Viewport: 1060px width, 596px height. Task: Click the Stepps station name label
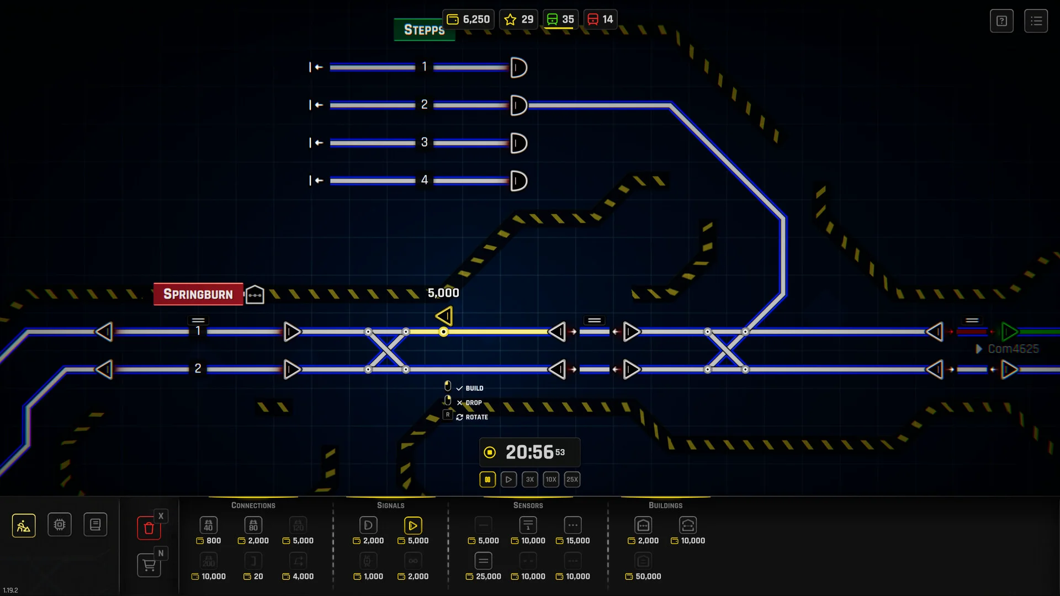coord(423,30)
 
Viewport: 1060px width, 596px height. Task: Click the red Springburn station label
coord(198,294)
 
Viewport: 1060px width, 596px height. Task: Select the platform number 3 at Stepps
coord(424,142)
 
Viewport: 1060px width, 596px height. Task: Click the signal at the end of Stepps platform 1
coord(518,67)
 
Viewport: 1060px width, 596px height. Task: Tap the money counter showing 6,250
coord(468,19)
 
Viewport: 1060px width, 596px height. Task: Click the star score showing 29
coord(519,19)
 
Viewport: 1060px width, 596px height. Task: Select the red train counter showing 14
coord(600,19)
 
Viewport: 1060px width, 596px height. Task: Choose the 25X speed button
coord(572,479)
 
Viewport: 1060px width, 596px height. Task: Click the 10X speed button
coord(550,479)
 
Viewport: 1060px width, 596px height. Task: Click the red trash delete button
coord(149,528)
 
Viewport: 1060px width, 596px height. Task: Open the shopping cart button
coord(149,565)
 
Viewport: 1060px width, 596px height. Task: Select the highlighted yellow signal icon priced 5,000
coord(412,525)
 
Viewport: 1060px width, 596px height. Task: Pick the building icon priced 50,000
coord(643,561)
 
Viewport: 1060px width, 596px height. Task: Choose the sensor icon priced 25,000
coord(483,561)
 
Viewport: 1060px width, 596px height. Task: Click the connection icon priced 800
coord(208,525)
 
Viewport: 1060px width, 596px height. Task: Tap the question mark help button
coord(1001,21)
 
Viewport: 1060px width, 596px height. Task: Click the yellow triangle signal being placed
coord(444,316)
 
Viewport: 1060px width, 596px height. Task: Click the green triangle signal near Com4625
coord(1009,332)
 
